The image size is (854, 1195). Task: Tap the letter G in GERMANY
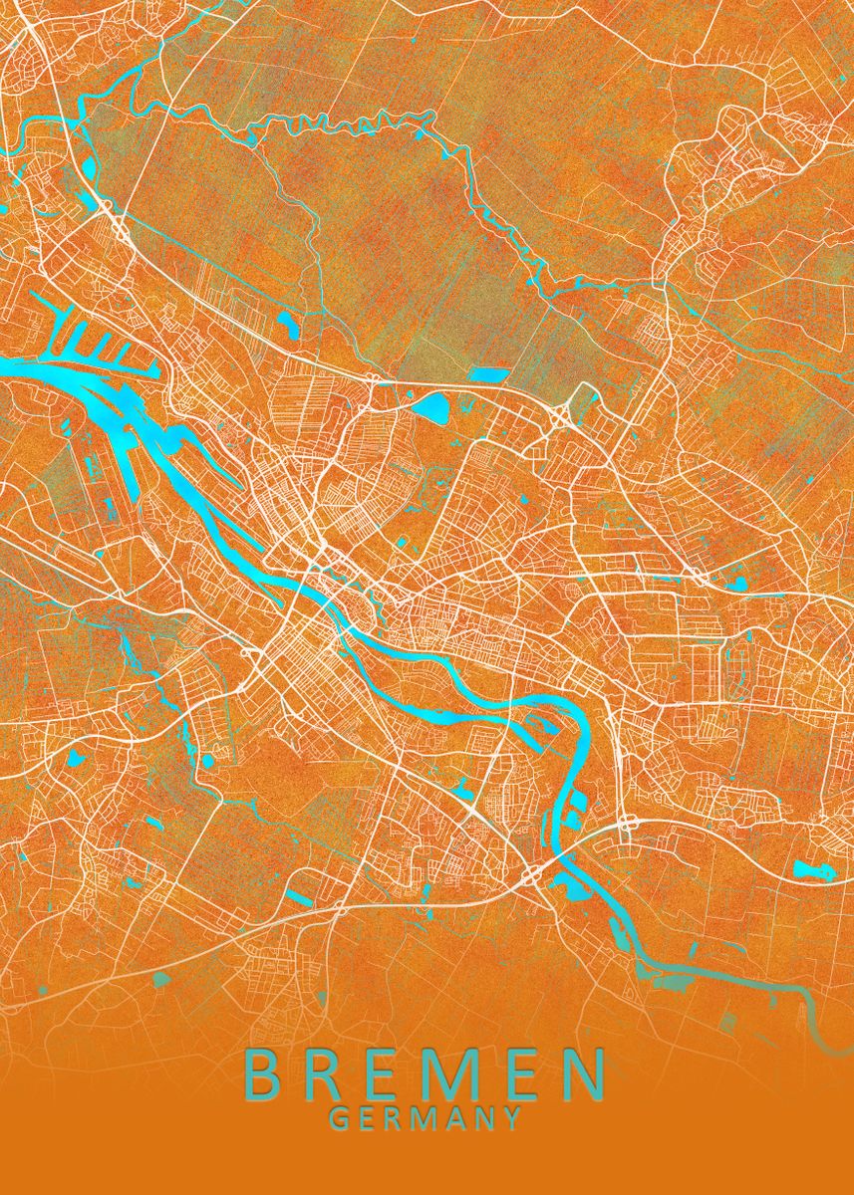coord(339,1118)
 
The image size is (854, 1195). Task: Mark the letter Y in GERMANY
coord(511,1118)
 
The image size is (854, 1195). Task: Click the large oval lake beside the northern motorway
coord(434,405)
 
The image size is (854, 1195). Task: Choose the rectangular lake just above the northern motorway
coord(487,375)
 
